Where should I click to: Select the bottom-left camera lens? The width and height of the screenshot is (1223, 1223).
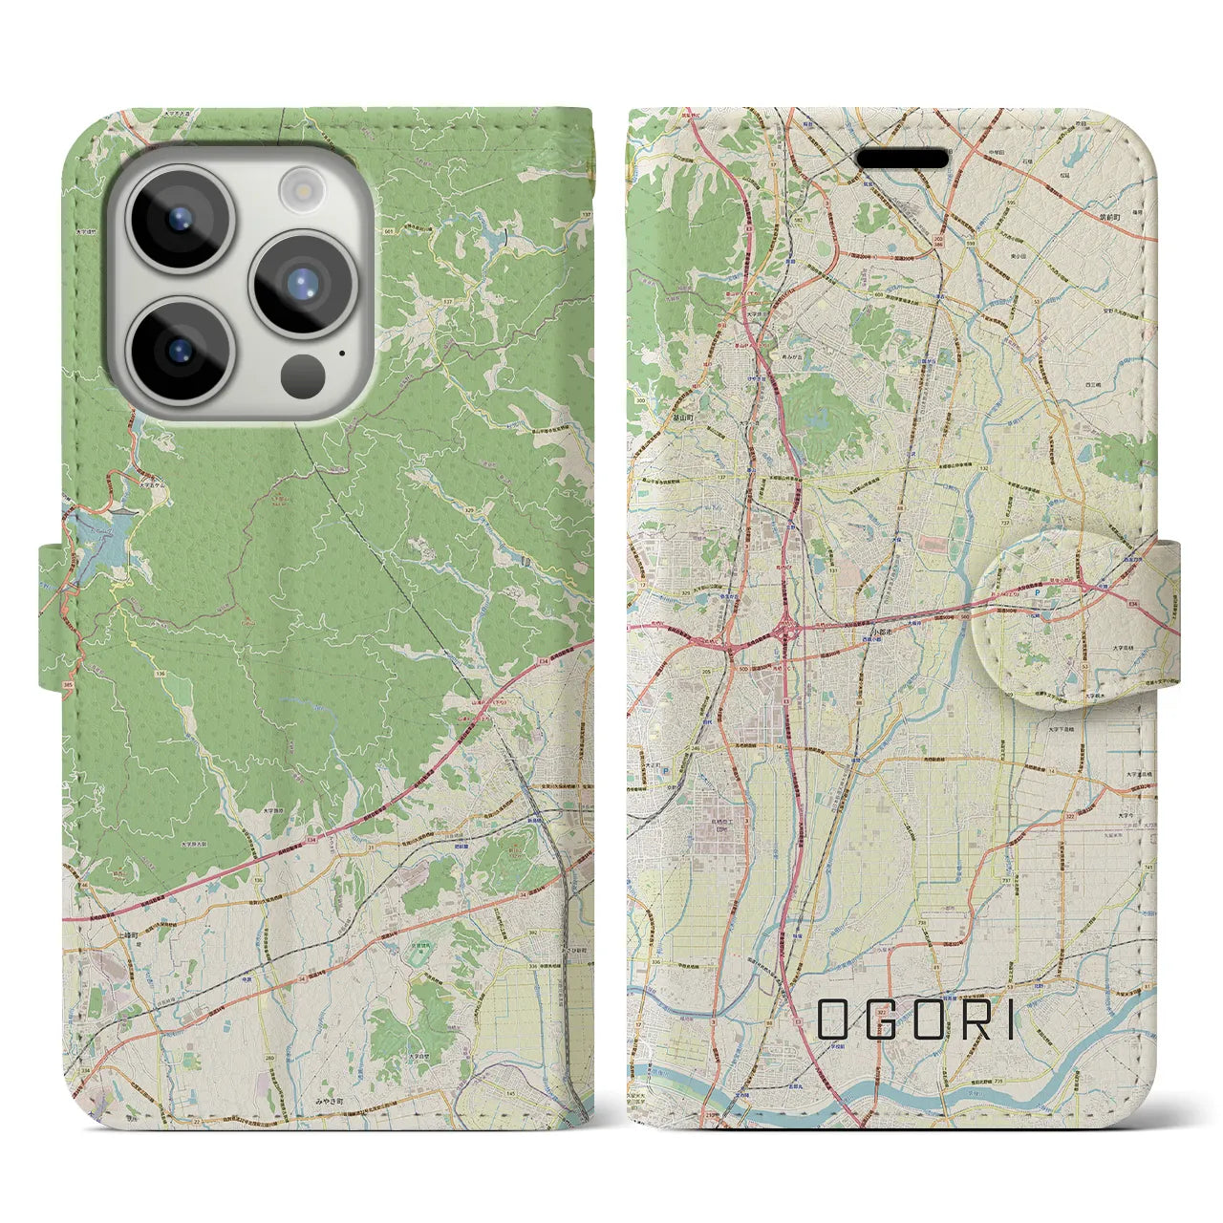pyautogui.click(x=181, y=350)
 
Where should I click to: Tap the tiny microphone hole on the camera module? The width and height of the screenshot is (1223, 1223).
pyautogui.click(x=341, y=352)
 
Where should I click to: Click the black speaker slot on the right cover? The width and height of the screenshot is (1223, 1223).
pyautogui.click(x=901, y=158)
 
